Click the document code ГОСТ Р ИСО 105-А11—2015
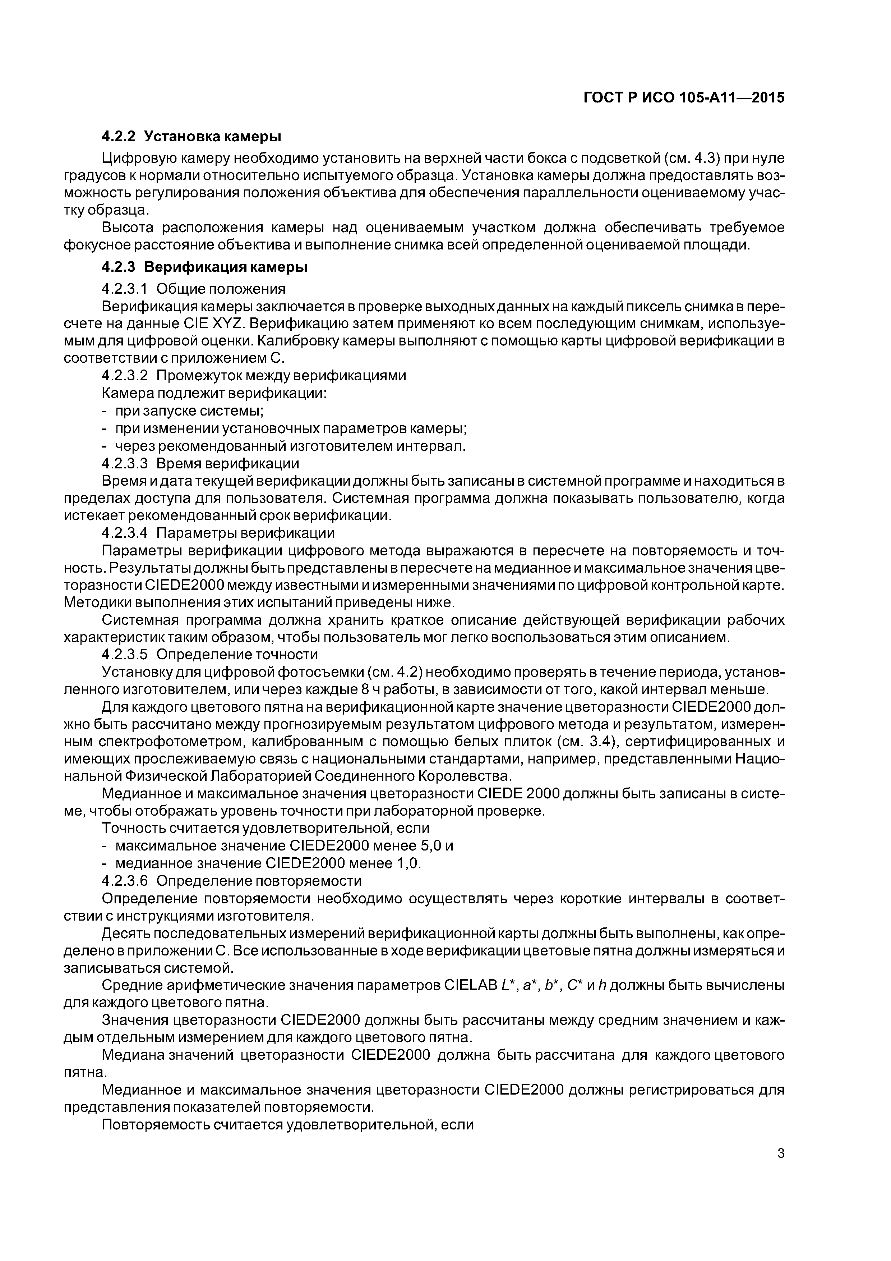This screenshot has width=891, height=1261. [x=683, y=98]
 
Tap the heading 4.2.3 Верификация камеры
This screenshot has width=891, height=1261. [x=204, y=267]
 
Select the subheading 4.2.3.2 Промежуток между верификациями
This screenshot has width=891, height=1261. [x=254, y=376]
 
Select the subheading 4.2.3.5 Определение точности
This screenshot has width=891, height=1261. [x=210, y=654]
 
